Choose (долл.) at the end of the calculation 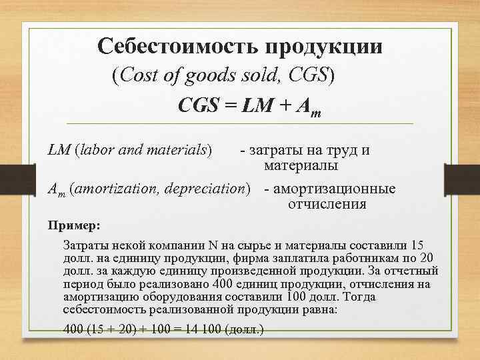pyautogui.click(x=245, y=329)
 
